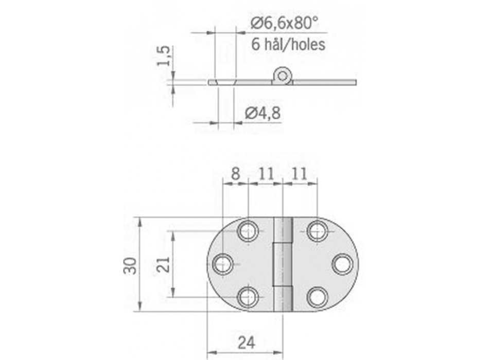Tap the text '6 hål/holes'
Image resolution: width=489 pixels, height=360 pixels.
(288, 45)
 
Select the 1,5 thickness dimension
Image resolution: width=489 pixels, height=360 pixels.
(164, 56)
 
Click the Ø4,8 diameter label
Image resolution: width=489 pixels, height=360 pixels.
(263, 113)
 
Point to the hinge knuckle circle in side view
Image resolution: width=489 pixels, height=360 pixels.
(282, 76)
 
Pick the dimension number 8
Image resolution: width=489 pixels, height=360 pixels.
(235, 174)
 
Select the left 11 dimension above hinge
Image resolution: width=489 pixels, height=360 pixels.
(266, 174)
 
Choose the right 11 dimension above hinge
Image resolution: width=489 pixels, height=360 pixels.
(300, 174)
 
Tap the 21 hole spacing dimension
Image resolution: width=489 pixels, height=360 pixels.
(162, 264)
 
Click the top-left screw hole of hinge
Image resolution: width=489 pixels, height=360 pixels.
(249, 231)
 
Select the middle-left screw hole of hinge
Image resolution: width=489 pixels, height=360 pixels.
(223, 264)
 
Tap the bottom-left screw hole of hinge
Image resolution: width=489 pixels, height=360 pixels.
(249, 297)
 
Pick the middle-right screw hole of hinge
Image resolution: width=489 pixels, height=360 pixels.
(342, 264)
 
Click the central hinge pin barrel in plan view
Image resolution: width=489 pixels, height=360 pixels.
(283, 264)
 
